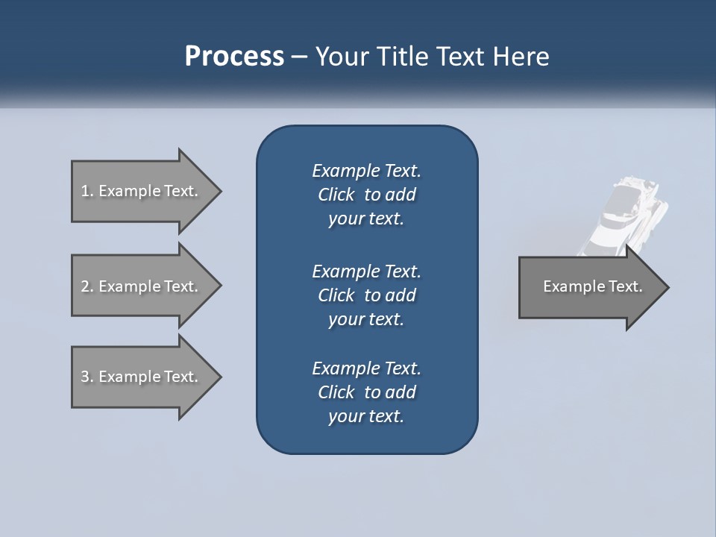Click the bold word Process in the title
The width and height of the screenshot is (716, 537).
234,57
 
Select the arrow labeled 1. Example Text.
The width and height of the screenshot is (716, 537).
142,191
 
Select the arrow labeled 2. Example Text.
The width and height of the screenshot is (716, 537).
142,286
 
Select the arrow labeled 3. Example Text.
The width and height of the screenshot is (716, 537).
142,377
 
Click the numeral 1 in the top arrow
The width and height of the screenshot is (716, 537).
85,191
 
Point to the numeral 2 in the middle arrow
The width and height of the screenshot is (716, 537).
85,286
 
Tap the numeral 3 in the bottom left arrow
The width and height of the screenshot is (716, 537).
85,377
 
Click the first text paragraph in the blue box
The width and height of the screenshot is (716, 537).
366,195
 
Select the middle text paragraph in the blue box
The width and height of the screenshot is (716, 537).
366,295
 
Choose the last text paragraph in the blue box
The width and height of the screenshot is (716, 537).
366,392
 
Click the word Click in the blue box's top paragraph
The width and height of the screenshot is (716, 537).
336,195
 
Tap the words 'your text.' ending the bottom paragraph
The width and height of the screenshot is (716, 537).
366,416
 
